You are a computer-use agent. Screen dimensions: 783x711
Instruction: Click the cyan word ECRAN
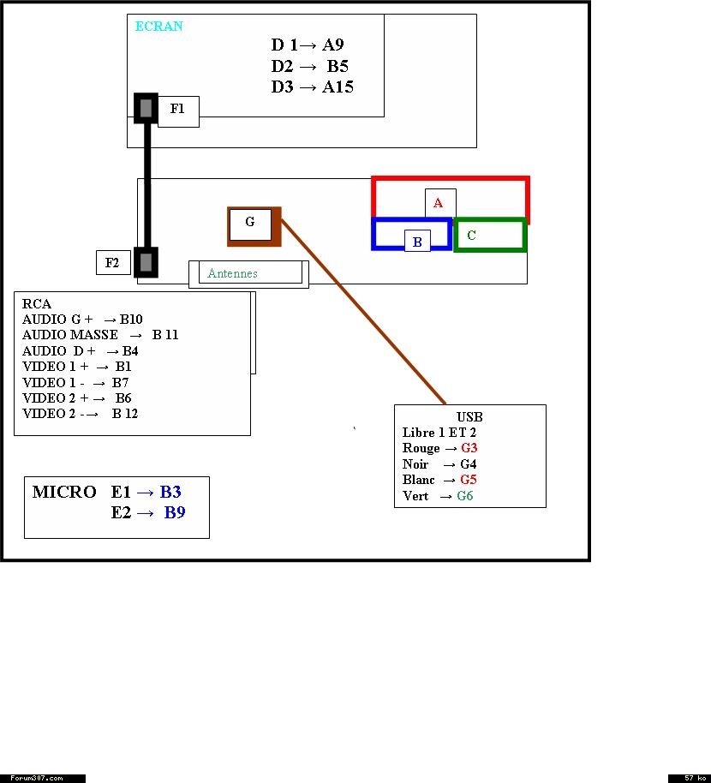(158, 27)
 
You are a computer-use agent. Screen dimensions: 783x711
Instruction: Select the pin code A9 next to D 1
(332, 45)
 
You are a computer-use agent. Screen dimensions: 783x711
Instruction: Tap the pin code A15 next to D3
(338, 87)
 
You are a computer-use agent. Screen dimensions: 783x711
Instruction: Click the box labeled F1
(178, 111)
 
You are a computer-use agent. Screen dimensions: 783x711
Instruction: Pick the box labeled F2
(112, 263)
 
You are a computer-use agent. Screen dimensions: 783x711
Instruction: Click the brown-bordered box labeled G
(250, 224)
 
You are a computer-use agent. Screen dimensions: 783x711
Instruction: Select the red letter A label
(439, 203)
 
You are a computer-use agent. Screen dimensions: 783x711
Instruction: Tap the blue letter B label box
(417, 242)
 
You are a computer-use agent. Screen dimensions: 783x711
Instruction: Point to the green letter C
(471, 236)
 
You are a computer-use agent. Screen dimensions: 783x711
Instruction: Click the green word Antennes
(232, 274)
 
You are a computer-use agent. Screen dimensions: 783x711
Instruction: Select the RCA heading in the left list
(37, 304)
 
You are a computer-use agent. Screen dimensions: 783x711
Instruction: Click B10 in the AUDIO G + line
(131, 320)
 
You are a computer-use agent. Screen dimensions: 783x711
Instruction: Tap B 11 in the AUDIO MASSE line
(165, 335)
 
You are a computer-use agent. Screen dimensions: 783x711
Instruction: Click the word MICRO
(64, 493)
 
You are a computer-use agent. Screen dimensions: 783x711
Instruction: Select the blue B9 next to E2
(175, 513)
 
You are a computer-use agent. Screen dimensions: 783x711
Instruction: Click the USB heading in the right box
(469, 417)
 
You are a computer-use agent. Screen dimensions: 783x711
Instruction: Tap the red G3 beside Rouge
(469, 448)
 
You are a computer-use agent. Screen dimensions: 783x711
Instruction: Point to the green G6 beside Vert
(465, 496)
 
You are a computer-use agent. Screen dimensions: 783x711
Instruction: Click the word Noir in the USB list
(415, 464)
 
